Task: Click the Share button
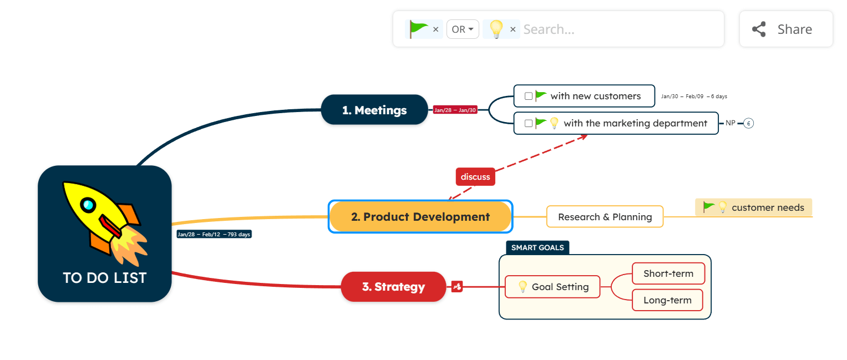[x=785, y=29]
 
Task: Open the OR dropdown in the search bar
[x=463, y=29]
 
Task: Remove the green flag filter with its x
[x=435, y=29]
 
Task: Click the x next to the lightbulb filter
[x=513, y=29]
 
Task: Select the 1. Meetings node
[x=374, y=110]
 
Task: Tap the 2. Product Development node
[x=420, y=217]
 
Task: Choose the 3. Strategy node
[x=393, y=287]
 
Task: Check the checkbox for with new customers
[x=529, y=96]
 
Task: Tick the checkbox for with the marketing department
[x=529, y=123]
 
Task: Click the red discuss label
[x=475, y=177]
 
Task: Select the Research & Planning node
[x=605, y=217]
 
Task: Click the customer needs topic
[x=767, y=207]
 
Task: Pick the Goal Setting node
[x=552, y=287]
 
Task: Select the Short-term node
[x=668, y=273]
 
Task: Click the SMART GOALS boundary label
[x=537, y=247]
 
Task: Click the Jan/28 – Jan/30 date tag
[x=455, y=110]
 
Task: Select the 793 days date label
[x=214, y=234]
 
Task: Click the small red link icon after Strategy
[x=457, y=287]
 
